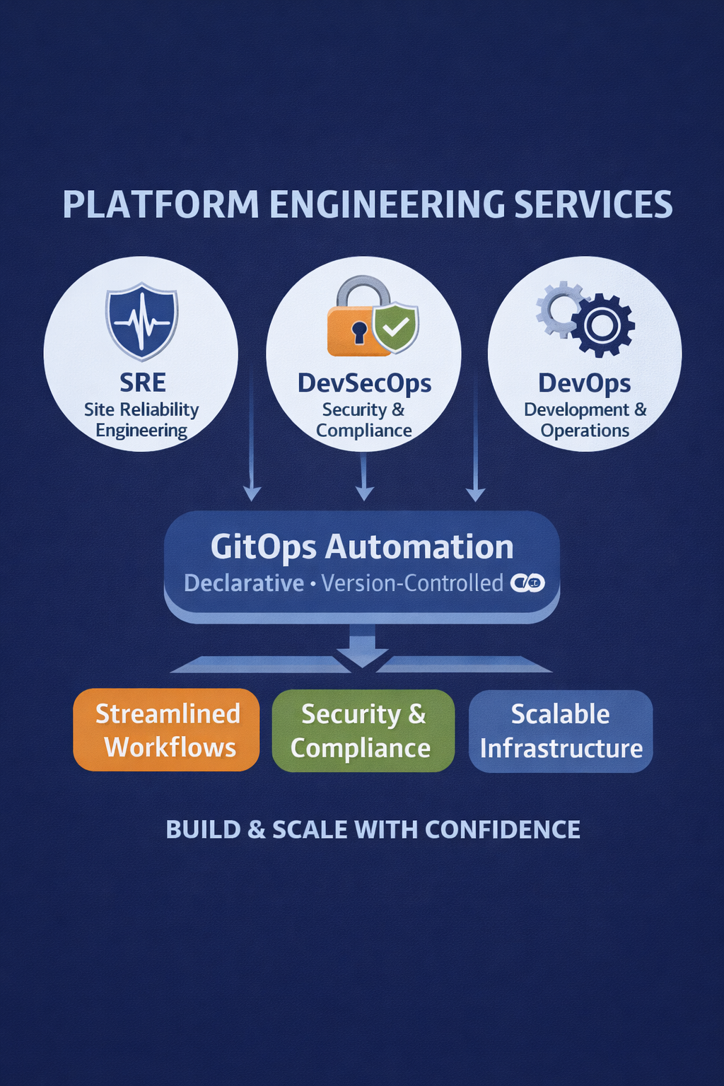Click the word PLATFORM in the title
click(x=161, y=205)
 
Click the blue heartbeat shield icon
click(x=141, y=322)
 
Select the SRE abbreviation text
click(x=142, y=383)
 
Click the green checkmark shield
click(x=396, y=327)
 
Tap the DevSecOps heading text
click(x=364, y=383)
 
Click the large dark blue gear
click(x=602, y=325)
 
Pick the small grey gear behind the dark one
click(x=559, y=308)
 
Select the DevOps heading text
click(x=585, y=383)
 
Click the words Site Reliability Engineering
click(x=141, y=420)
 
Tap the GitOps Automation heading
click(x=362, y=547)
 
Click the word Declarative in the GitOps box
click(x=244, y=583)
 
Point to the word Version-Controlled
click(x=412, y=583)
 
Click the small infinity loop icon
click(x=527, y=583)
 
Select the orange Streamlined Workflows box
click(x=167, y=730)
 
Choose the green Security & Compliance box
click(x=363, y=730)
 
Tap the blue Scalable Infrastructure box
click(x=561, y=730)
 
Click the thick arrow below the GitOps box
click(x=362, y=646)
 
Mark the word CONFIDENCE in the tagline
click(x=502, y=829)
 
